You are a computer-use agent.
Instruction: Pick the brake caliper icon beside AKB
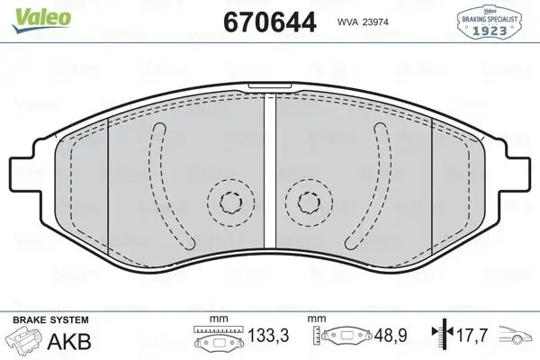[x=23, y=342]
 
